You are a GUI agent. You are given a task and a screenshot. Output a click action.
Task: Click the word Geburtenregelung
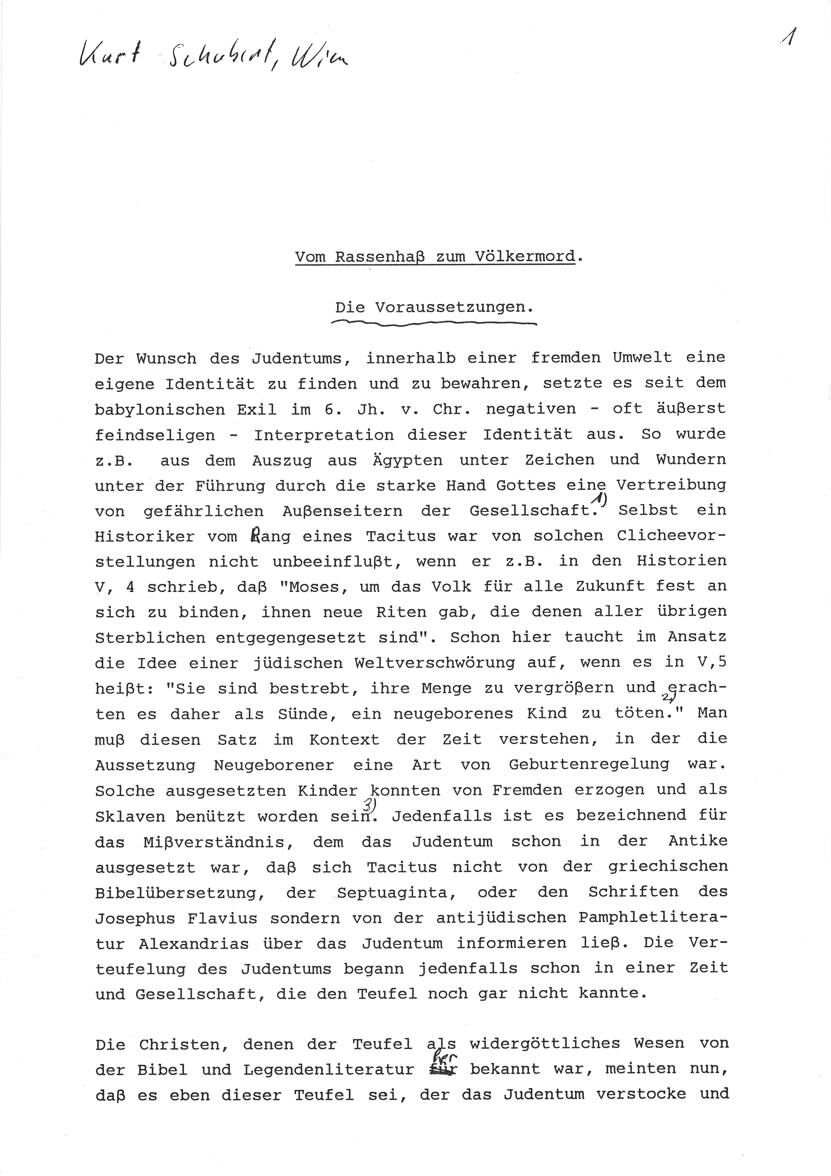pyautogui.click(x=589, y=764)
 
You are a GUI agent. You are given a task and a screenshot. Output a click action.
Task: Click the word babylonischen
pyautogui.click(x=160, y=409)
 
